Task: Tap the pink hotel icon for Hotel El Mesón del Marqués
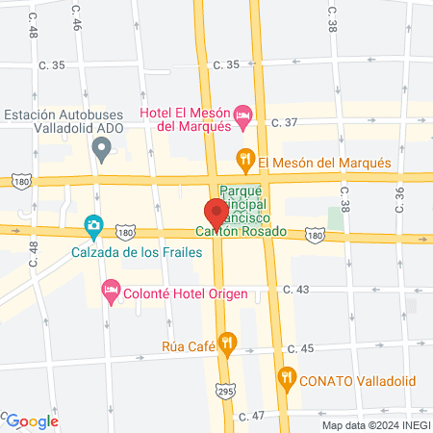coord(244,119)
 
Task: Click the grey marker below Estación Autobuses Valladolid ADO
coord(100,149)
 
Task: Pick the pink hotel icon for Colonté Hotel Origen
coord(112,290)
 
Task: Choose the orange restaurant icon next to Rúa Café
coord(227,342)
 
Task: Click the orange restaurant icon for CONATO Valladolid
coord(286,377)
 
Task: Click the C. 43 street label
coord(300,290)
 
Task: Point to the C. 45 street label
coord(300,348)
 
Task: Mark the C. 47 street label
coord(250,416)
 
